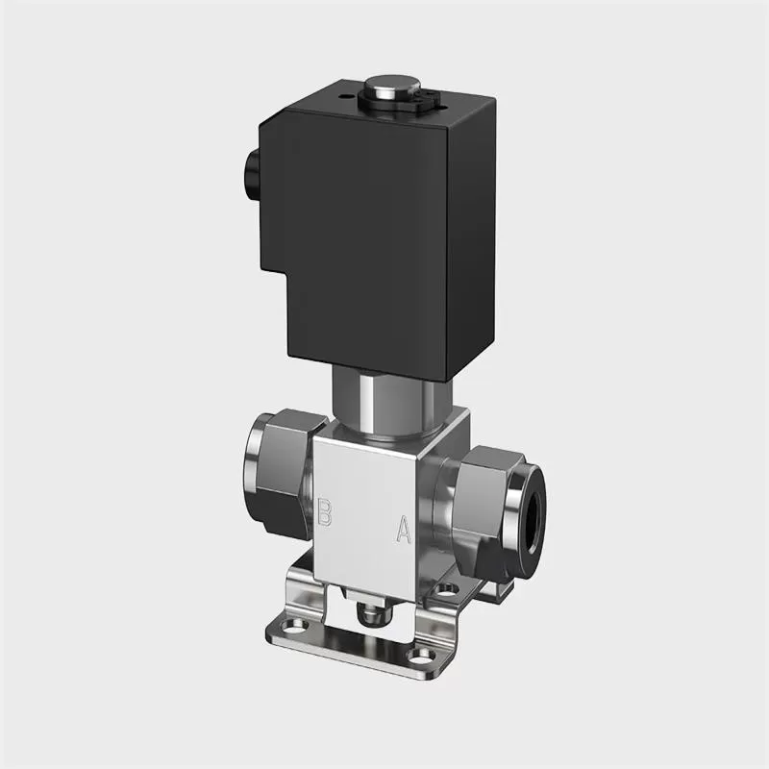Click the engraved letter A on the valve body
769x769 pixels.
[x=405, y=528]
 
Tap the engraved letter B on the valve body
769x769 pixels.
[x=325, y=512]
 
